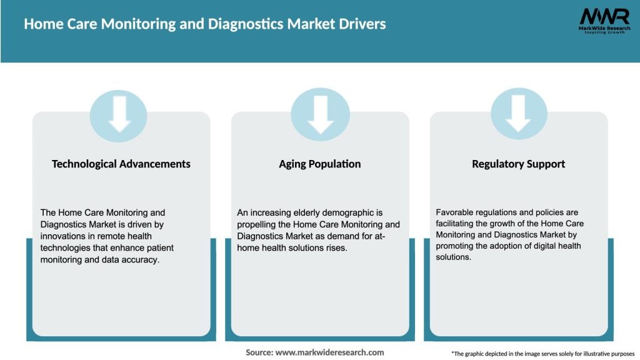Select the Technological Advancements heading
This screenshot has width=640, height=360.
tap(121, 164)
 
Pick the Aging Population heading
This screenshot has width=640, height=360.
tap(320, 164)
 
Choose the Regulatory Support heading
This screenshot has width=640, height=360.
tap(518, 164)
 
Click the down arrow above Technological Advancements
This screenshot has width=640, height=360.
tap(119, 114)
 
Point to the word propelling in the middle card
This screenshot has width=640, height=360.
tap(258, 224)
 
